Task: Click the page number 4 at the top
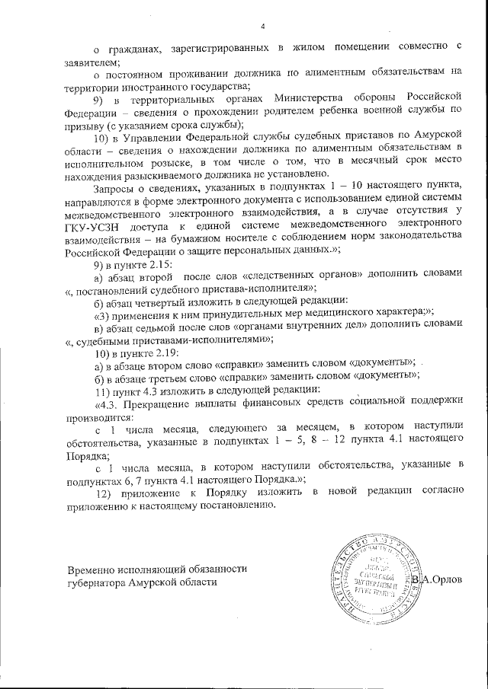click(x=262, y=26)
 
